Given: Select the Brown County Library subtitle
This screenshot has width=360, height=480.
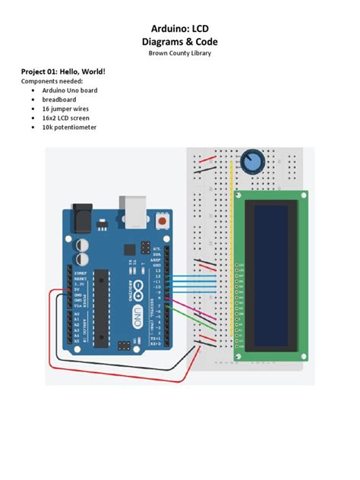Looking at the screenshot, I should click(179, 52).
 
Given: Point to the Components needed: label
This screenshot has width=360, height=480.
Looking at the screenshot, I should click(52, 81).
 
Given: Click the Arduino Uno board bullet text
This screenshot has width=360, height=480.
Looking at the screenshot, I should click(70, 90).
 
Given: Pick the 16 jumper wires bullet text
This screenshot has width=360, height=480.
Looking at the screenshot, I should click(65, 109).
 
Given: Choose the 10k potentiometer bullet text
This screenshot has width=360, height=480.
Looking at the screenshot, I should click(69, 128).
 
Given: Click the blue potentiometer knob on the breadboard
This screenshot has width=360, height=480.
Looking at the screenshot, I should click(249, 161).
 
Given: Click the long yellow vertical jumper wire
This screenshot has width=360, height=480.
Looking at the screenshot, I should click(231, 251).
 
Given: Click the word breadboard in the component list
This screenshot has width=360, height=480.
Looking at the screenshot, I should click(58, 99).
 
